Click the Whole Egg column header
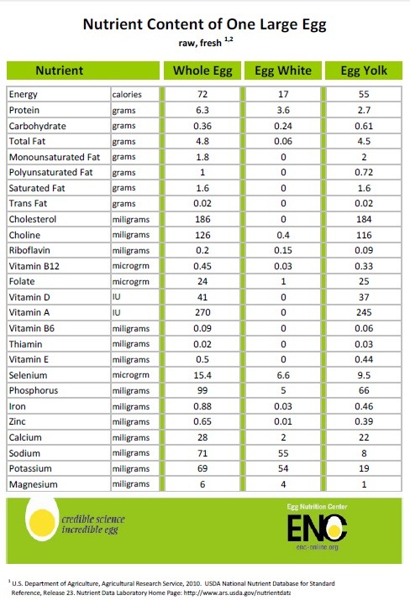point(202,70)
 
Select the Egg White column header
point(283,70)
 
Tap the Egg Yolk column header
point(364,70)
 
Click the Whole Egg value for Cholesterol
point(202,219)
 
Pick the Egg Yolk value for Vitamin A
point(364,313)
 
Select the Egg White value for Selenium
point(283,375)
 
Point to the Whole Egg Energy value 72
point(202,94)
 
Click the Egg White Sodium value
point(283,453)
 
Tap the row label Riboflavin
point(29,250)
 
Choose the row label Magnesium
point(34,484)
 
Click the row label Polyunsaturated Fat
point(50,173)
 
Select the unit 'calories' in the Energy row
point(127,95)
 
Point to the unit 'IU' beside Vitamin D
point(116,297)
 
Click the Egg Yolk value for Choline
point(364,235)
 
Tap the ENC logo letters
point(318,529)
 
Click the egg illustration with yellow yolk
point(42,519)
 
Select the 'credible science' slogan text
point(93,519)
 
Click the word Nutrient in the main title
point(113,24)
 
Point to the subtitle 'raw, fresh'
point(200,43)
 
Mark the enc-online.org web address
point(318,547)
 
